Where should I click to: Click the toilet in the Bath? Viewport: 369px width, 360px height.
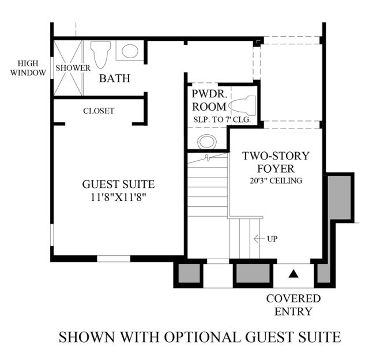click(x=100, y=55)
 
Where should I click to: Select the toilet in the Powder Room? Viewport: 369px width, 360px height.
click(x=242, y=105)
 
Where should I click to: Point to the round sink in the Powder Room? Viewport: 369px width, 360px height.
click(x=207, y=142)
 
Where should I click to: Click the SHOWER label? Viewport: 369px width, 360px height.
click(x=73, y=68)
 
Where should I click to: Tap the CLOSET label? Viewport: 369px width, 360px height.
click(x=99, y=111)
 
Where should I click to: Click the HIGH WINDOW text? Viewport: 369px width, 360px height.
click(x=28, y=68)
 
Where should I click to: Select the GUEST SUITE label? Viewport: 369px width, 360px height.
click(x=118, y=184)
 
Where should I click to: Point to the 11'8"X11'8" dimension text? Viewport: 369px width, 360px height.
click(x=118, y=197)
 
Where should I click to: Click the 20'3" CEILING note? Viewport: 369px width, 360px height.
click(x=276, y=181)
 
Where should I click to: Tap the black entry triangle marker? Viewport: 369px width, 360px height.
click(x=293, y=274)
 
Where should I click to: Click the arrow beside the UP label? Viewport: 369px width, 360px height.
click(x=259, y=239)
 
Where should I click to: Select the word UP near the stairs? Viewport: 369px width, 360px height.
click(x=272, y=239)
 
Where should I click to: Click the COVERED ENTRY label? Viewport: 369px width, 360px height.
click(x=293, y=305)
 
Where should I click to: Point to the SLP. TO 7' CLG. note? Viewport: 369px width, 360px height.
click(x=222, y=120)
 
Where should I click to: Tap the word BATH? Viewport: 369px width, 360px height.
click(x=115, y=78)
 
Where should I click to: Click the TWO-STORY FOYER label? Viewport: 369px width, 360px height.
click(x=276, y=162)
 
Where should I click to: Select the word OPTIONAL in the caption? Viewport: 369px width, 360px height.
click(x=202, y=337)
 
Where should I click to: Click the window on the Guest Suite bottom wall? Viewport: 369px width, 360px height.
click(x=114, y=259)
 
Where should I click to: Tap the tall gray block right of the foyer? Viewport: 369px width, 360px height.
click(x=339, y=198)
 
